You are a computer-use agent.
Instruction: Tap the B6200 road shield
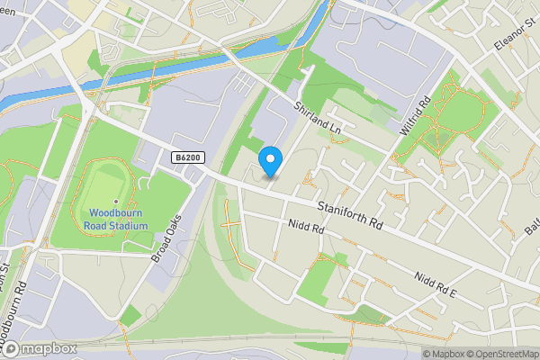[187, 157]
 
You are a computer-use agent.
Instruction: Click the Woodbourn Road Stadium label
[118, 219]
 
